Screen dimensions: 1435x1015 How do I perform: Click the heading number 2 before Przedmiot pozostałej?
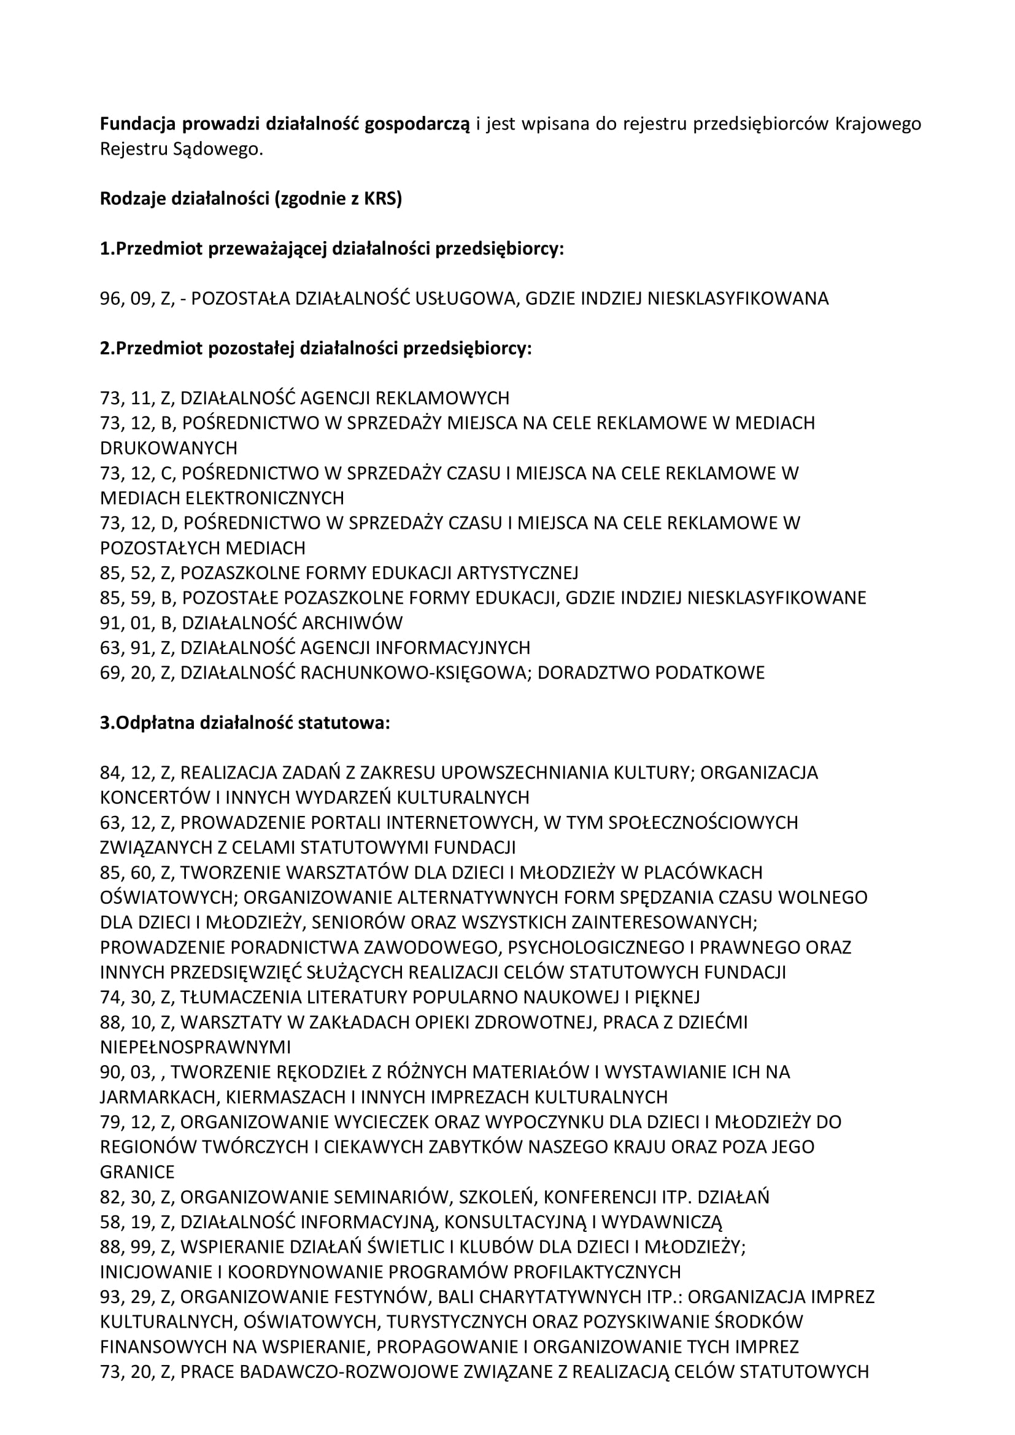click(x=105, y=348)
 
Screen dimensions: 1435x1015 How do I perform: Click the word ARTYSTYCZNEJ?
click(x=517, y=573)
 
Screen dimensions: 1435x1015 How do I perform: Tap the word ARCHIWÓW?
click(x=352, y=623)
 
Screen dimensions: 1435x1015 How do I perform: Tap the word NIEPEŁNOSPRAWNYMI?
click(x=195, y=1047)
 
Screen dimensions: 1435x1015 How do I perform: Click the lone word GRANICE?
click(x=137, y=1172)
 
